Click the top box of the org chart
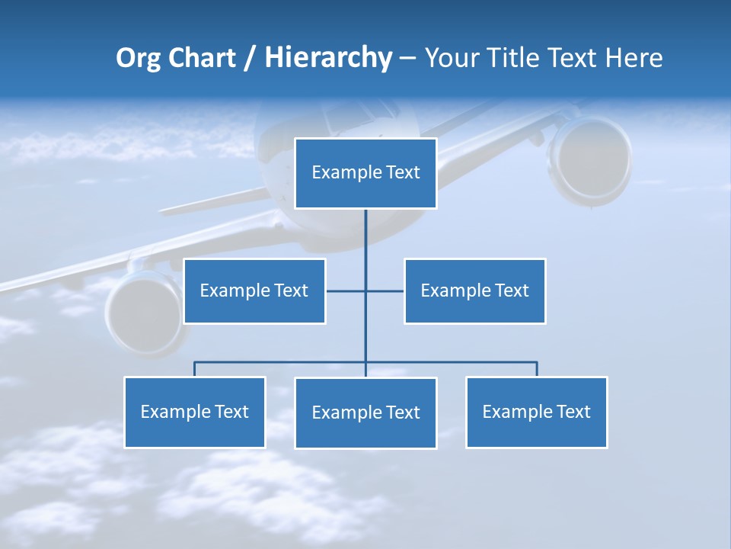365,173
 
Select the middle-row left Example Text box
254,291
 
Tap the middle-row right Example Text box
474,291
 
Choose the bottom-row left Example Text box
194,412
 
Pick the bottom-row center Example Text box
365,413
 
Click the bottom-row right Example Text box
536,412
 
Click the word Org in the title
137,58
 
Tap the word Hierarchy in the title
327,58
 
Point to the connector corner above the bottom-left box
195,363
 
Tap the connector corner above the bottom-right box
536,363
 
